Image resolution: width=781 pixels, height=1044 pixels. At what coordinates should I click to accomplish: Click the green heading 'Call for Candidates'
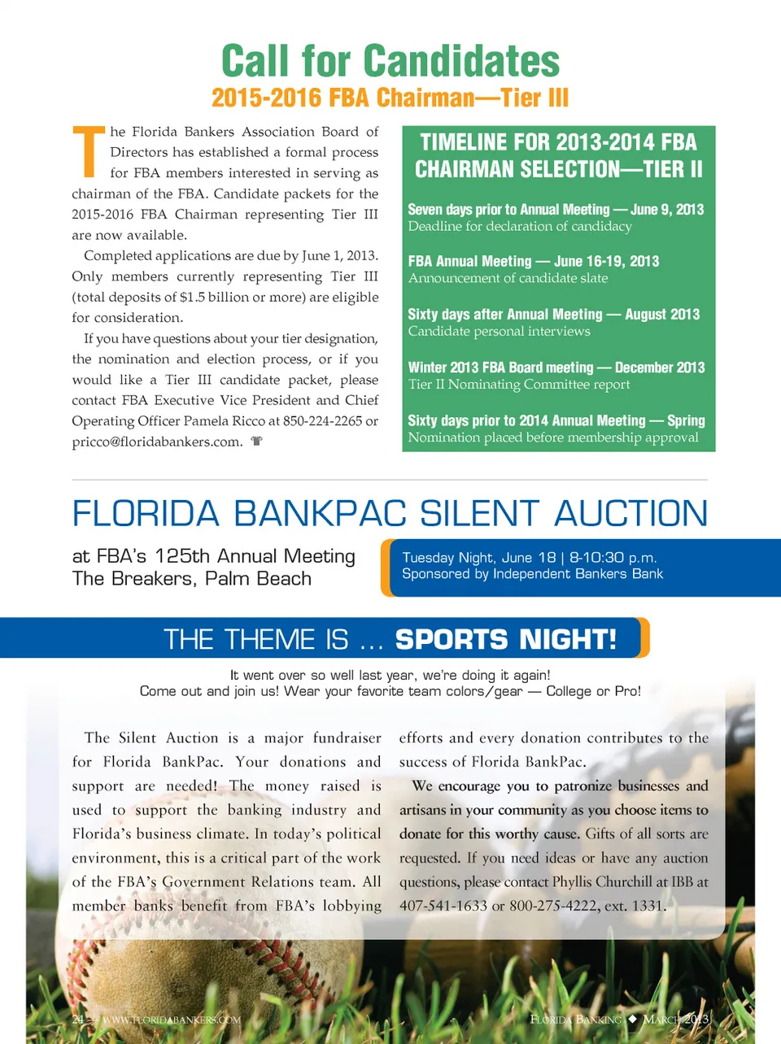390,61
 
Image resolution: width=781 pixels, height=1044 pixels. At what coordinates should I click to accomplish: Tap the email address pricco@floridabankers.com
157,442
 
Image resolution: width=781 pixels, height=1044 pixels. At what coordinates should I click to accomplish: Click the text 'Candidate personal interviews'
499,332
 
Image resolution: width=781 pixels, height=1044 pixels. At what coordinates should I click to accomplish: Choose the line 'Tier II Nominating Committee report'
519,385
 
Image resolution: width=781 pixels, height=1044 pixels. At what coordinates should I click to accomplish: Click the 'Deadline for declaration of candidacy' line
520,227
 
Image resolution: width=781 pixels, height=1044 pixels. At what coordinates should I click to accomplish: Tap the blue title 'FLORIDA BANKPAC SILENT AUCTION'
390,514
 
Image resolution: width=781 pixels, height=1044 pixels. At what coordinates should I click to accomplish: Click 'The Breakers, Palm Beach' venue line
192,579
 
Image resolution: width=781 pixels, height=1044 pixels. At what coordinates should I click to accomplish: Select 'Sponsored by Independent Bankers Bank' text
532,574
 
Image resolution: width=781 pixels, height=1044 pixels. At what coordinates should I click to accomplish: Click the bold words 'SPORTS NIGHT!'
506,640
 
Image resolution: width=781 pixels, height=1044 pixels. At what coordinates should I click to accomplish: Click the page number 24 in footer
78,1020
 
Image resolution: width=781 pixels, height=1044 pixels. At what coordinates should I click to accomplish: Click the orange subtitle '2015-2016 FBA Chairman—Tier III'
390,98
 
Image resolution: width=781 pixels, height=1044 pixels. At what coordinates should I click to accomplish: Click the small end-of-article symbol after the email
257,442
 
